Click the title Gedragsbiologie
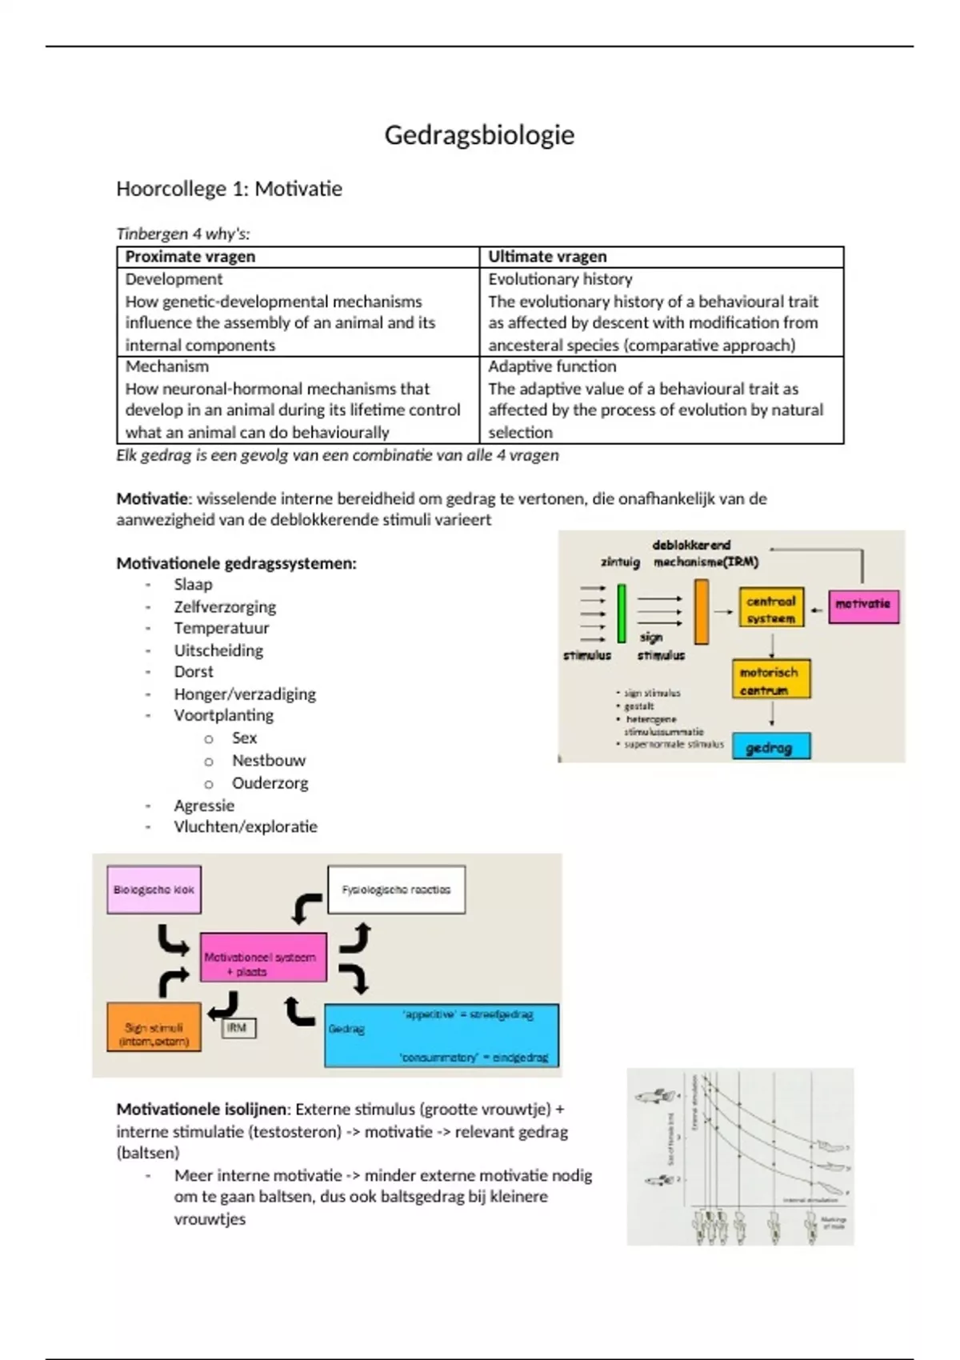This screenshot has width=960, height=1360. click(x=479, y=134)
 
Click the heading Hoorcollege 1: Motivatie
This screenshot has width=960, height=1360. click(x=229, y=189)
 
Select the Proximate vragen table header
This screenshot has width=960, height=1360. click(x=190, y=257)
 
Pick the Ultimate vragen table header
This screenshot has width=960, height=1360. click(x=547, y=257)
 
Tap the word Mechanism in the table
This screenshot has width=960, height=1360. click(x=167, y=366)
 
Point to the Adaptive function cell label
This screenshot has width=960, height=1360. click(x=552, y=366)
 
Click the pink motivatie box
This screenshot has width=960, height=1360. click(x=862, y=605)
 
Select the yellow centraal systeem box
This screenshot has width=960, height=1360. click(x=770, y=610)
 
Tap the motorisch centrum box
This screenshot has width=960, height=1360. click(x=770, y=680)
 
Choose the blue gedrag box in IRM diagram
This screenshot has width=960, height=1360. click(x=770, y=747)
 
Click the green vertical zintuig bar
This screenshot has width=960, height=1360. click(x=622, y=614)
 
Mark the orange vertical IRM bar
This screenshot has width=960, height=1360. click(x=702, y=613)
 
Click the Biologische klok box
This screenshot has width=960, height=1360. click(x=154, y=890)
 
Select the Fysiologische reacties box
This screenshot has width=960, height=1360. click(x=396, y=890)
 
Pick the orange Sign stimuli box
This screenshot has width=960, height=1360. click(x=154, y=1027)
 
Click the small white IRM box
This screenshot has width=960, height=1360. click(x=238, y=1028)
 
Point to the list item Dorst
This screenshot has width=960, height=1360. click(x=194, y=672)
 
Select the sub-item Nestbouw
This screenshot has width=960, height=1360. click(x=269, y=761)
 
